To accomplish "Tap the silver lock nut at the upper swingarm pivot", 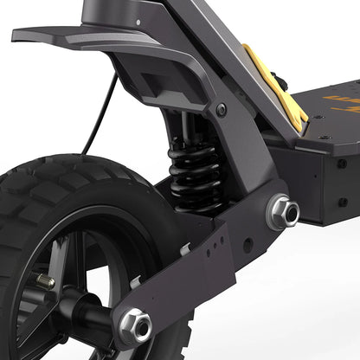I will pyautogui.click(x=285, y=212).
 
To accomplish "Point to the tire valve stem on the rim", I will pyautogui.click(x=43, y=281).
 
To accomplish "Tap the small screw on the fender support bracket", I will pyautogui.click(x=222, y=110).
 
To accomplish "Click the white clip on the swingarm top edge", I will pyautogui.click(x=184, y=248).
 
